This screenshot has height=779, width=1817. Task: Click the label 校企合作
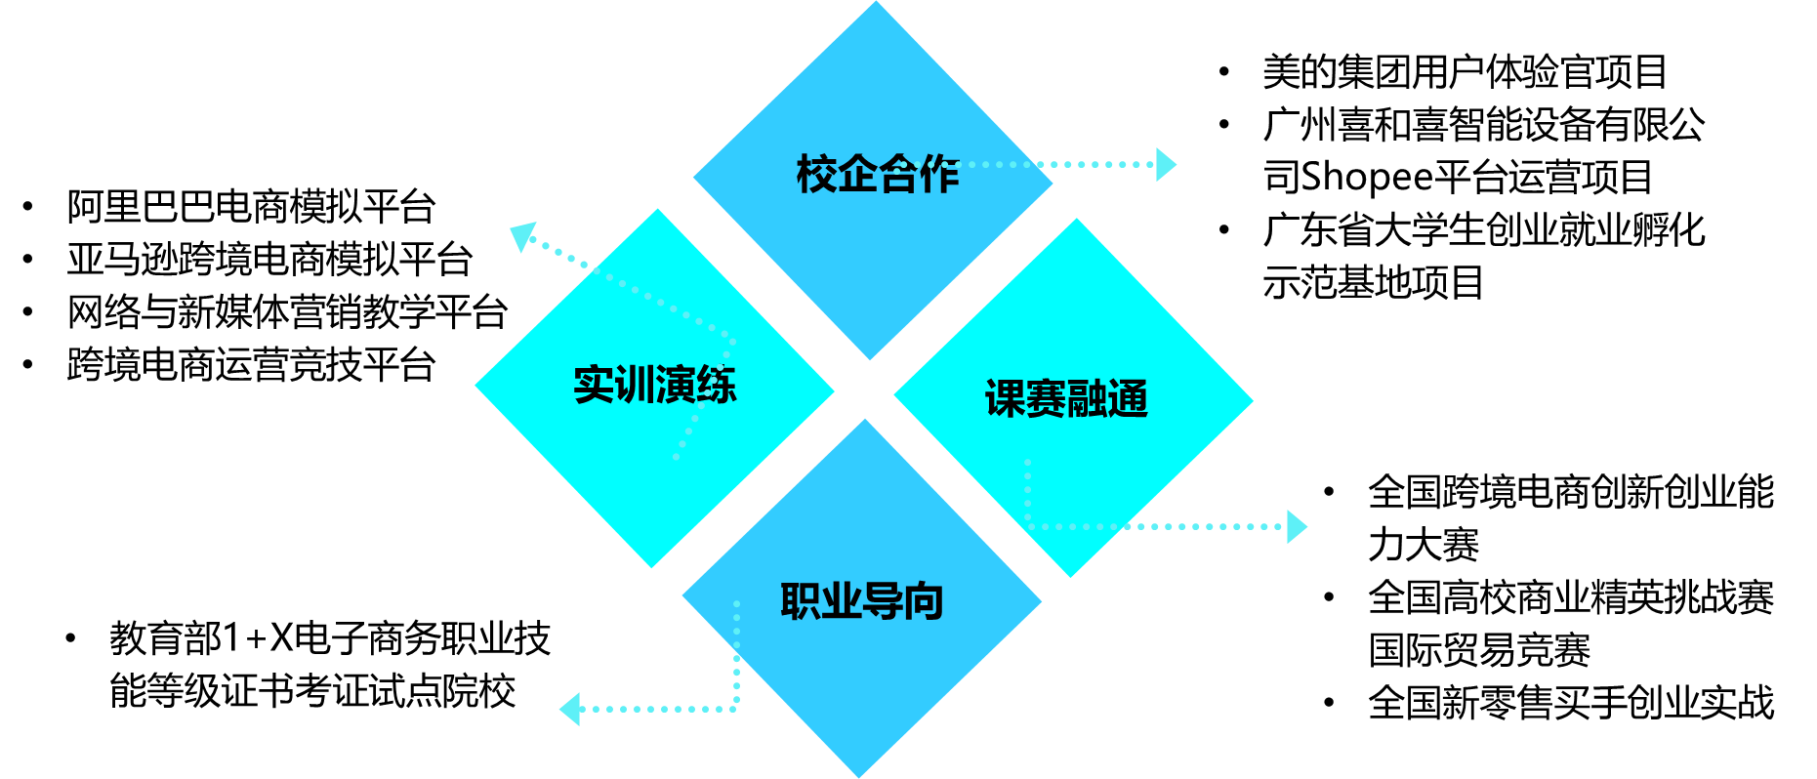point(878,175)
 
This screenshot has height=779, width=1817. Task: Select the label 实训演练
point(654,385)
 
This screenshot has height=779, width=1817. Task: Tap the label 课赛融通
point(1066,399)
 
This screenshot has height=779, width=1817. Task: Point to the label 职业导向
point(861,601)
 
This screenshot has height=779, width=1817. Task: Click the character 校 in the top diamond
point(816,175)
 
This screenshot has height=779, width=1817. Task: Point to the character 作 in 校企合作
point(939,175)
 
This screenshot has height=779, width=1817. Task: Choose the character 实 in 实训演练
point(594,385)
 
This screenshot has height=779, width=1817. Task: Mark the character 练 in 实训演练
point(717,385)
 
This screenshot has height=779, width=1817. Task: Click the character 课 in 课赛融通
point(1005,399)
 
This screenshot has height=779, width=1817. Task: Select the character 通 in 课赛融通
point(1129,399)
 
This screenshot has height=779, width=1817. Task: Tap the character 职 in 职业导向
point(800,601)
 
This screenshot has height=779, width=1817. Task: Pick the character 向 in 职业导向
point(923,601)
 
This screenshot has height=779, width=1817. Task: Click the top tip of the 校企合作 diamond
point(876,3)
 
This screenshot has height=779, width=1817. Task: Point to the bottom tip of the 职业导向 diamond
point(859,776)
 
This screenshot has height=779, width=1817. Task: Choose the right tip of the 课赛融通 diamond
point(1251,399)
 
